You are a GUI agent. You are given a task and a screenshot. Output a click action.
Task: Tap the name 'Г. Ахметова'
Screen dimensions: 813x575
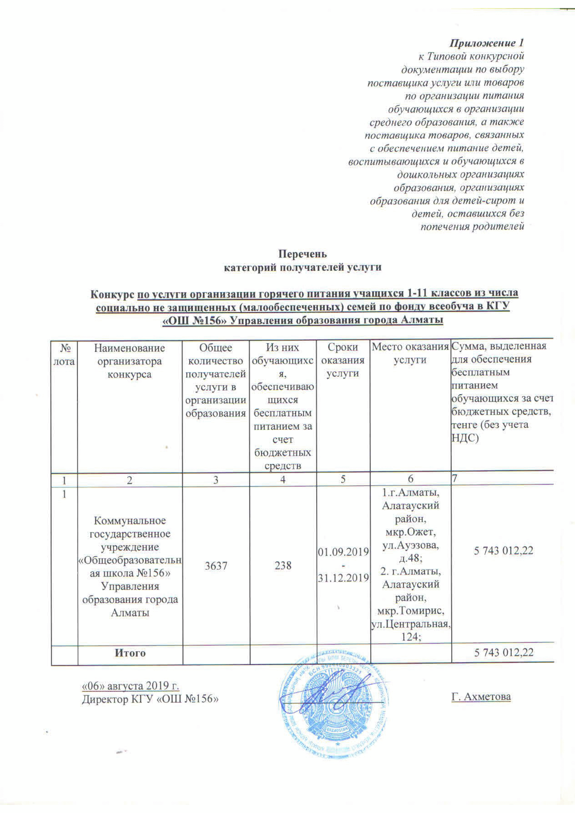481,696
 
